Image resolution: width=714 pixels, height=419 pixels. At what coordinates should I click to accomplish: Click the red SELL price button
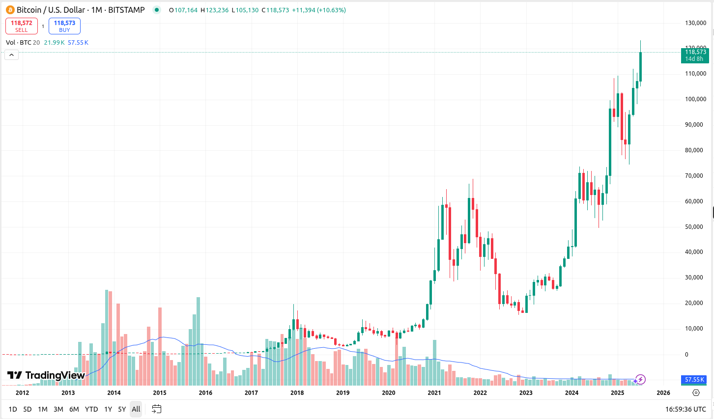pos(22,26)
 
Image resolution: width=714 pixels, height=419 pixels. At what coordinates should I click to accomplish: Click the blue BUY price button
pos(64,26)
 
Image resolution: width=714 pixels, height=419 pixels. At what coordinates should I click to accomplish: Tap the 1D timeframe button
pos(13,409)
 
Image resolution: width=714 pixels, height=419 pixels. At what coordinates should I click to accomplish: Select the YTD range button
pos(91,409)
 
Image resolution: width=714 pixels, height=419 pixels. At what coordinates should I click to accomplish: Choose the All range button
pos(136,409)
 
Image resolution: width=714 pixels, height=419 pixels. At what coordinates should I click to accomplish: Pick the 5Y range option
pos(122,409)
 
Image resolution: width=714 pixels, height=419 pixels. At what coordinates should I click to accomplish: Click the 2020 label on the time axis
pos(389,393)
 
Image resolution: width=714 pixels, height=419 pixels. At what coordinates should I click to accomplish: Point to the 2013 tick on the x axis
pos(68,393)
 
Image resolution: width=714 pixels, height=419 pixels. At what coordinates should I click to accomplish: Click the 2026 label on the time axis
pos(663,393)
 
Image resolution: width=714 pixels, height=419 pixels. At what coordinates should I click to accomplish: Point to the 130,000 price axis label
pos(695,23)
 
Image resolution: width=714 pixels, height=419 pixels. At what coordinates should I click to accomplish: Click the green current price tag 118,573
pos(695,55)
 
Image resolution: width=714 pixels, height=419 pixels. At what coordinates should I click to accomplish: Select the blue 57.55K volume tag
pos(695,380)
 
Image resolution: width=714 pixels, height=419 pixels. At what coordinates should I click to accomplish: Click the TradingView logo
pos(46,375)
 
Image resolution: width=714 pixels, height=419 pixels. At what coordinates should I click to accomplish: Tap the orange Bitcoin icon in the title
pos(10,10)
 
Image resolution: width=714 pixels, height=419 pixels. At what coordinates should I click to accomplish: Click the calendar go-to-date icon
pos(157,409)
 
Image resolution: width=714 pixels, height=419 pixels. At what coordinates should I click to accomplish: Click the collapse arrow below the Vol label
pos(12,55)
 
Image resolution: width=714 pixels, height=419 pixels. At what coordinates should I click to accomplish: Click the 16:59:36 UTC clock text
pos(685,409)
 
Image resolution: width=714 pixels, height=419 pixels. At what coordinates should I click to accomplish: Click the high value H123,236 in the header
pos(215,10)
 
